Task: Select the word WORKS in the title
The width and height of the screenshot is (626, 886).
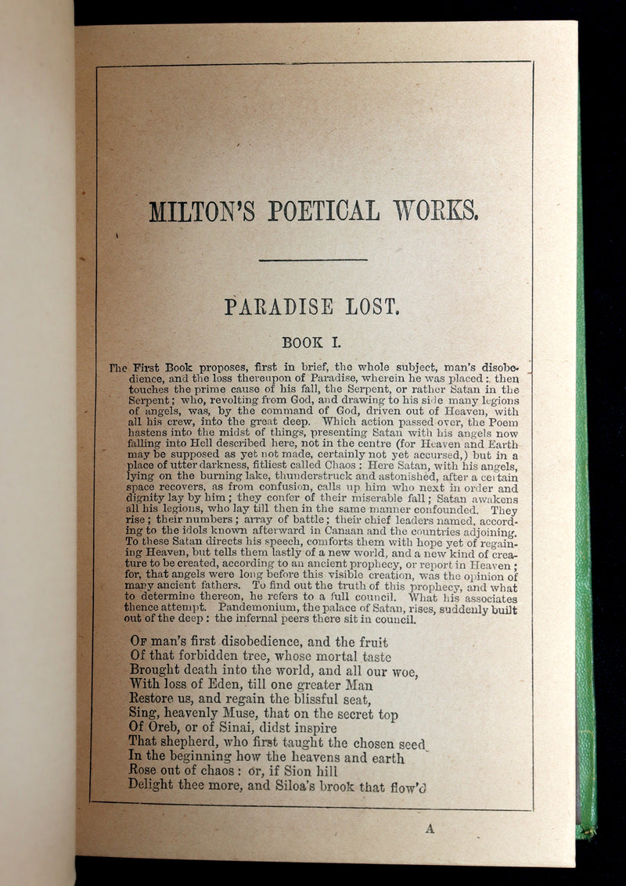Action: pyautogui.click(x=436, y=210)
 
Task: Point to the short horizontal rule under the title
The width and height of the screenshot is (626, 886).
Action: pyautogui.click(x=313, y=260)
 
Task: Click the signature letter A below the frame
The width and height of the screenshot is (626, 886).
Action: pyautogui.click(x=430, y=829)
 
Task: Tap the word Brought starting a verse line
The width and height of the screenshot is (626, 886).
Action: pyautogui.click(x=156, y=670)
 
